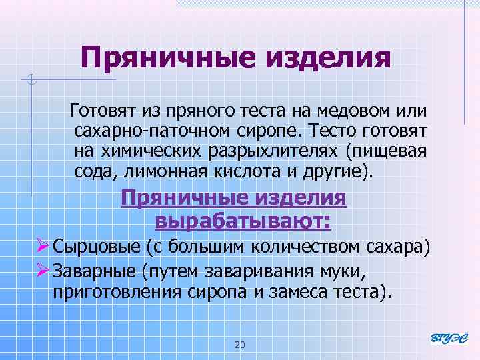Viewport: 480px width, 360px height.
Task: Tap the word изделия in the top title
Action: tap(328, 57)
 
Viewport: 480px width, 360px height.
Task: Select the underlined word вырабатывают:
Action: tap(243, 219)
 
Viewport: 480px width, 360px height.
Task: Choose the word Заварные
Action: tap(93, 271)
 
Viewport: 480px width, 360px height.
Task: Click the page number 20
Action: tap(241, 344)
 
